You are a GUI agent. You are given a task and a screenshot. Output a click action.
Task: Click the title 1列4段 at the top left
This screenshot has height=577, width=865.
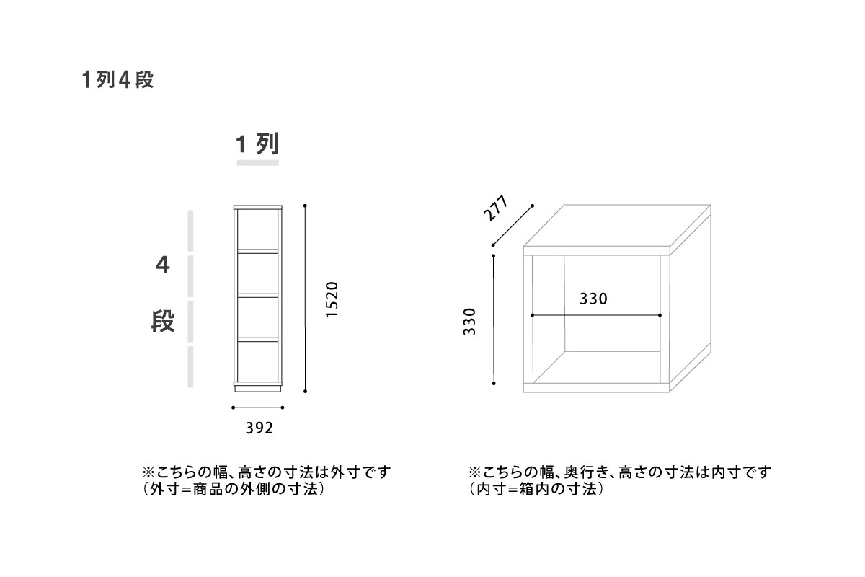(117, 80)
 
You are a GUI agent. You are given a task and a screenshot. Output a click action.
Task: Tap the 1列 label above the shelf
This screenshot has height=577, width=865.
(257, 144)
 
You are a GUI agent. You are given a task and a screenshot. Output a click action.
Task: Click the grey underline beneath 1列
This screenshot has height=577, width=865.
(257, 163)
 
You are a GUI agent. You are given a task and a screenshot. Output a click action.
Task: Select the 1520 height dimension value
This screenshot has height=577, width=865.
(332, 299)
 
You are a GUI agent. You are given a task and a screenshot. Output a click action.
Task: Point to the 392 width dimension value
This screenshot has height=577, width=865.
(259, 428)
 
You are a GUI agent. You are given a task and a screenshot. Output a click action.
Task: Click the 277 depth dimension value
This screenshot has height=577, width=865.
(496, 208)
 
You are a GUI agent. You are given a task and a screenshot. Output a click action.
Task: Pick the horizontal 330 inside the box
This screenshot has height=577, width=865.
(593, 299)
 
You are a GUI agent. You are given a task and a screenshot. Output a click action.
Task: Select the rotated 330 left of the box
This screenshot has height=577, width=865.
(469, 322)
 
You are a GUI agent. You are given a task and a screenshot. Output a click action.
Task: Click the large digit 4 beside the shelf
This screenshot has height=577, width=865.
(163, 265)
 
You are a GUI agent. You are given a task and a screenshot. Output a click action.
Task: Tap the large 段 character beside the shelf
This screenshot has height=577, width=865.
(163, 321)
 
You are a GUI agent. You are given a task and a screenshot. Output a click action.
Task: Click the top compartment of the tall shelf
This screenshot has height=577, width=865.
(257, 229)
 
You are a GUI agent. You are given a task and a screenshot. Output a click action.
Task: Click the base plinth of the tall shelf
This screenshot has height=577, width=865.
(257, 389)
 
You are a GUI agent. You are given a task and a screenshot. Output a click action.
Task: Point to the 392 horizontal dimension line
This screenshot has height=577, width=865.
(258, 408)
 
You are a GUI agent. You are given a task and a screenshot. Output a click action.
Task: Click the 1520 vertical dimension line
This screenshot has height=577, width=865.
(305, 299)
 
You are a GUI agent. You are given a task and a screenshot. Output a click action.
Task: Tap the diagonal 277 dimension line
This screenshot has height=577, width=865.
(513, 225)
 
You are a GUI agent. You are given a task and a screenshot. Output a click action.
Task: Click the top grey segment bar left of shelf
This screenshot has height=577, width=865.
(190, 231)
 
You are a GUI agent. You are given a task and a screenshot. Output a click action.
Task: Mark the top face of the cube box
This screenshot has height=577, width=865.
(617, 225)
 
